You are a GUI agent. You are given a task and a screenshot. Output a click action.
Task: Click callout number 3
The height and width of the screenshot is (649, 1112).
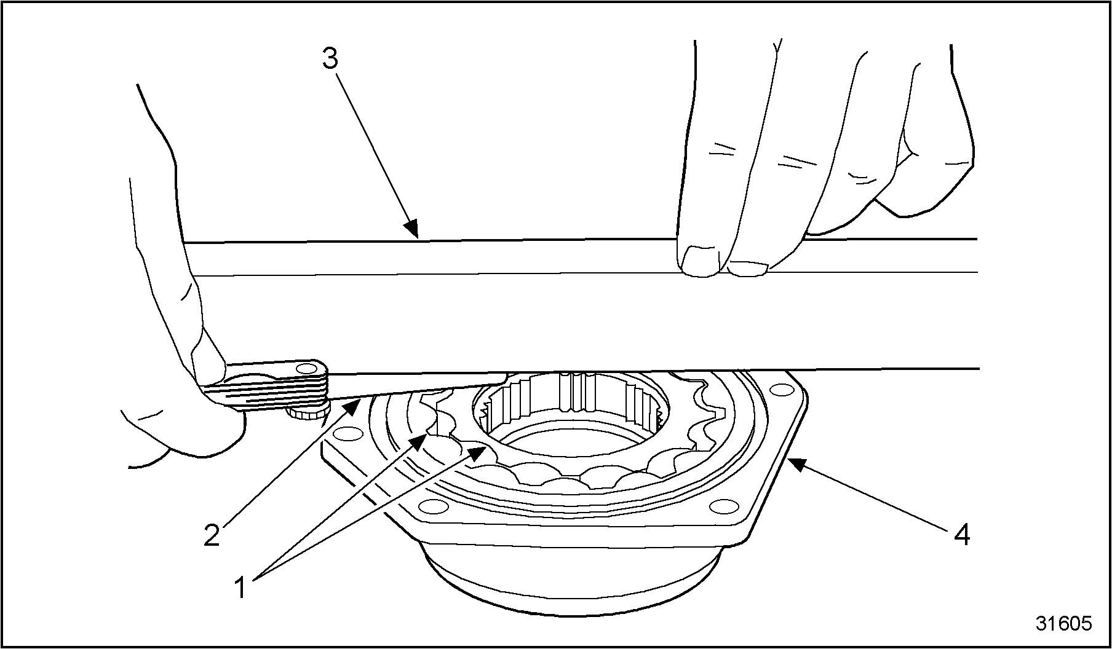click(x=330, y=60)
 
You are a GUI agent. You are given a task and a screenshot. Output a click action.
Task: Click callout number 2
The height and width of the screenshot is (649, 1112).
click(x=212, y=535)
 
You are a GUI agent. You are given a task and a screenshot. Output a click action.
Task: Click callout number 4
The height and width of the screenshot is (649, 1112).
click(x=961, y=535)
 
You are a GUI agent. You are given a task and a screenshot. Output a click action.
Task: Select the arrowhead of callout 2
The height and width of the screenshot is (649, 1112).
click(x=353, y=406)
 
